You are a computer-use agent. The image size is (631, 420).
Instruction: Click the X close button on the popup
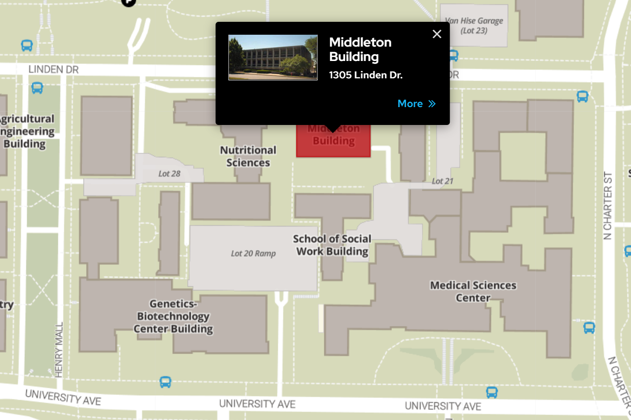click(437, 34)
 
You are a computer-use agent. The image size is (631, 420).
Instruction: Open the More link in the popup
click(417, 104)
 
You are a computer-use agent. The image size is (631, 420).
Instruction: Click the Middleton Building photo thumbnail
click(273, 58)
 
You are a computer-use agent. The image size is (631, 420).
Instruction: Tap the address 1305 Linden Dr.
click(366, 75)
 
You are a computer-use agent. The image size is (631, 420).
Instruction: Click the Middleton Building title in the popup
click(360, 49)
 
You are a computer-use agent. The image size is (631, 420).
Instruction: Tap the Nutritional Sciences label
click(248, 156)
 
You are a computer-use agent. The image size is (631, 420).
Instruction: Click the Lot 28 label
click(169, 174)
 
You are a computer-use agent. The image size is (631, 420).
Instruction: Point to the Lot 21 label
click(442, 181)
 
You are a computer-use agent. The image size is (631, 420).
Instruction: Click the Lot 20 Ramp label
click(253, 253)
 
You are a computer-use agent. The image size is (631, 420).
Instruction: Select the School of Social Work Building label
click(332, 245)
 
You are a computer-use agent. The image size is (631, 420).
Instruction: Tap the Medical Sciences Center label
click(473, 292)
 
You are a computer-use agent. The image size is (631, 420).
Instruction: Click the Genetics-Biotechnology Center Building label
click(173, 316)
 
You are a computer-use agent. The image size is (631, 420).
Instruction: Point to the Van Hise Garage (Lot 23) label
click(473, 26)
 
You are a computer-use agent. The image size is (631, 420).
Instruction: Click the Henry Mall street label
click(60, 349)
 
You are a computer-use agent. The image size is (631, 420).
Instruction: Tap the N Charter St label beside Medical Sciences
click(608, 206)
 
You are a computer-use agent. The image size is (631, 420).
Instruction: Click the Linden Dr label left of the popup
click(53, 69)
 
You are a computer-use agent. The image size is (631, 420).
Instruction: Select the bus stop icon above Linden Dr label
click(27, 46)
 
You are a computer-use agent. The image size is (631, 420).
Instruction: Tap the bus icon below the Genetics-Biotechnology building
click(165, 382)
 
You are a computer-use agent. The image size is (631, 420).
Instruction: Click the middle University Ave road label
click(257, 404)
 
